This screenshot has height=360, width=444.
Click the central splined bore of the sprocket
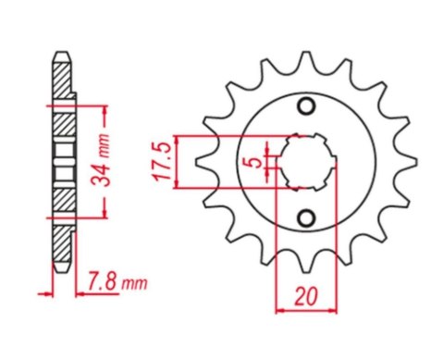(304, 164)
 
